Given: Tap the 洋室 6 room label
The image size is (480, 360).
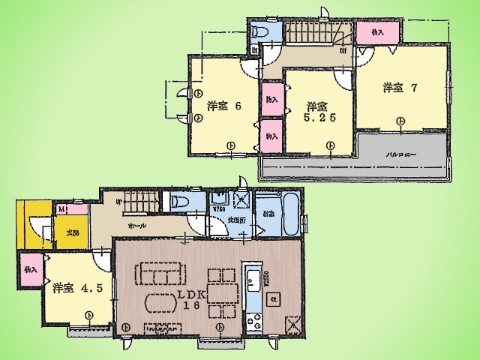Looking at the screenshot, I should [x=223, y=106].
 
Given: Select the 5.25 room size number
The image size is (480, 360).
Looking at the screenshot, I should [x=315, y=118].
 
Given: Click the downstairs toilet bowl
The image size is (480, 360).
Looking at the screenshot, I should [x=178, y=202].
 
